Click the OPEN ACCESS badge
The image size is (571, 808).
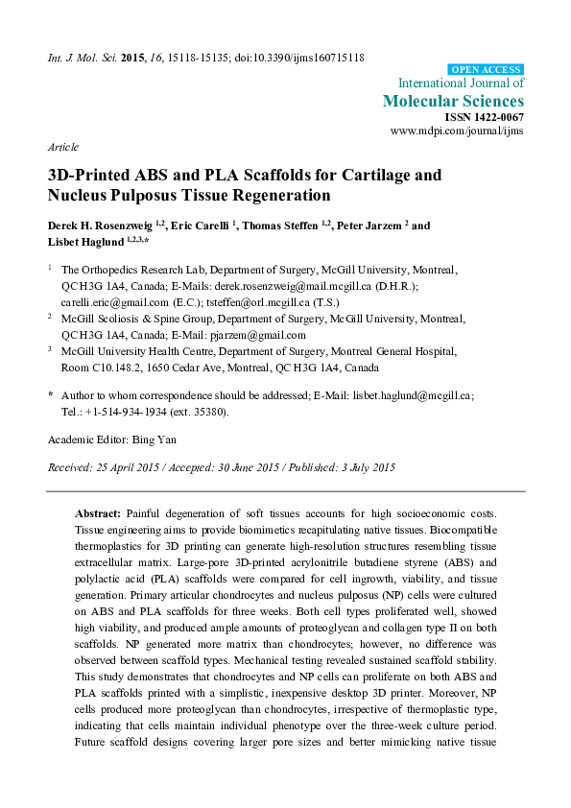487,70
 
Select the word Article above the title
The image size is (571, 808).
62,148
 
